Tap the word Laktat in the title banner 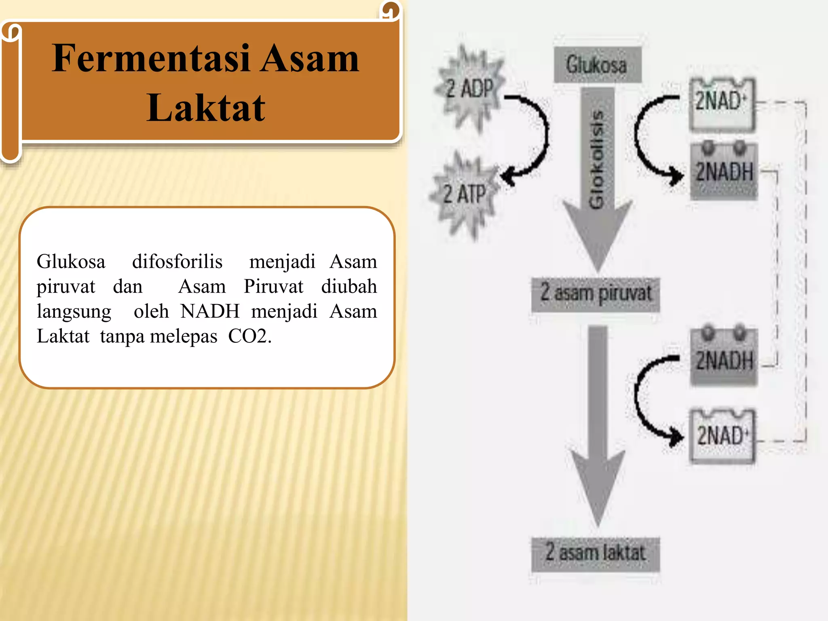pos(206,108)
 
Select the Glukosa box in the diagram pos(597,65)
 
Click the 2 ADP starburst pos(470,89)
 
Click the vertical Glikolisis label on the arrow pos(596,160)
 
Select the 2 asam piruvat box pos(596,294)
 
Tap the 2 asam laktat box pos(596,553)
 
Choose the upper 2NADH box pos(724,171)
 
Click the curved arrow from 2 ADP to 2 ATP pos(542,133)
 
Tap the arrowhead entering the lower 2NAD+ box pos(676,437)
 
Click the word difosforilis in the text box pos(177,262)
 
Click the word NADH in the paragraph pos(210,311)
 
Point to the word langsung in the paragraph pos(74,311)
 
